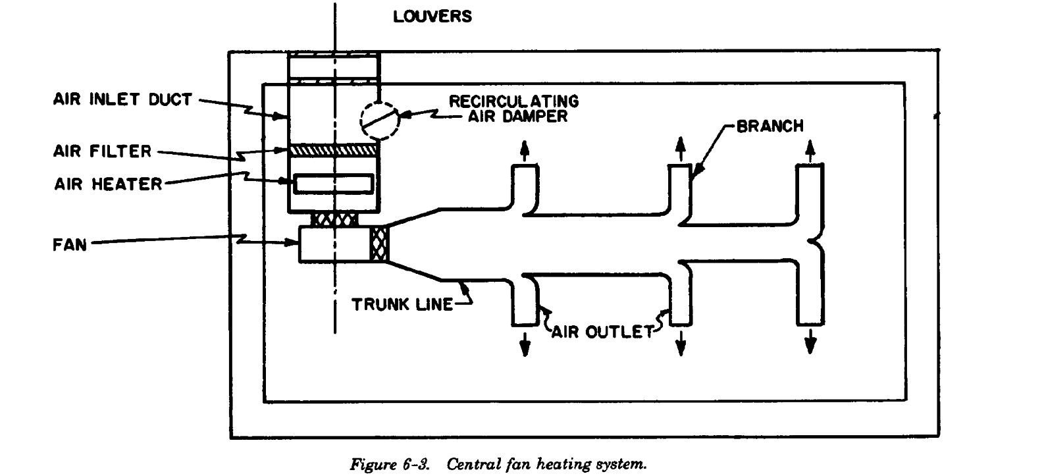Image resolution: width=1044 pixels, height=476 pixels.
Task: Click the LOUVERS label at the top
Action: click(432, 16)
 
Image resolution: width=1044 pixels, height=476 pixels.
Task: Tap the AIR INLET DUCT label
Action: click(122, 100)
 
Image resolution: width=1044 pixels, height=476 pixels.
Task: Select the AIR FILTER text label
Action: click(102, 151)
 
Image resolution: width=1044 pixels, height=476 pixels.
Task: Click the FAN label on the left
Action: click(69, 245)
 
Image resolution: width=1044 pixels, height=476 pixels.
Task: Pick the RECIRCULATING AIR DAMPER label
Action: click(513, 109)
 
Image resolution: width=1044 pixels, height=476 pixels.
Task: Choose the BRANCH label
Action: click(770, 126)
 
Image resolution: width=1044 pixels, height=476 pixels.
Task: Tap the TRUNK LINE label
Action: click(402, 304)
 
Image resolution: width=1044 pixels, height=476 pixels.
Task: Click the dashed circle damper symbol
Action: click(380, 120)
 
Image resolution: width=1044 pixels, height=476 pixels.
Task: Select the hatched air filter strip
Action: click(334, 151)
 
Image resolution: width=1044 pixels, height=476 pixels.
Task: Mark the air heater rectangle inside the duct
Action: click(334, 184)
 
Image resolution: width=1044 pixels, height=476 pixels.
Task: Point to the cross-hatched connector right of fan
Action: click(380, 244)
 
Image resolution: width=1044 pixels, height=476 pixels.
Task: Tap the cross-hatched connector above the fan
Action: click(336, 220)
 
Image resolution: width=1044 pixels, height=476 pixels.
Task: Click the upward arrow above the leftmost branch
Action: click(524, 150)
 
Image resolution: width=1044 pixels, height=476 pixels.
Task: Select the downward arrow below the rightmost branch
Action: click(810, 341)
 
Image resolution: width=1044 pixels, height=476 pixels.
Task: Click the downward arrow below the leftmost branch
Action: click(525, 342)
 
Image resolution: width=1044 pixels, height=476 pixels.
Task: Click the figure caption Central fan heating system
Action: click(498, 464)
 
